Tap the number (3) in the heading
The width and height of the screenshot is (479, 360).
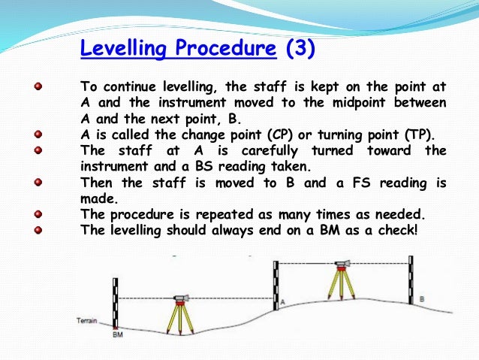click(300, 50)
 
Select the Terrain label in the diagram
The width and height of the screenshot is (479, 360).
click(88, 321)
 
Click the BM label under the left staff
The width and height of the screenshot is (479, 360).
click(117, 334)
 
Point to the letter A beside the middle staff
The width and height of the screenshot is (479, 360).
click(283, 301)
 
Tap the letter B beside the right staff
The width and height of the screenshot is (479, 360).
click(422, 298)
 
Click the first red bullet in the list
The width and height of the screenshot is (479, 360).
click(38, 88)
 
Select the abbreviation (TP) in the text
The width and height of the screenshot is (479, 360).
click(422, 135)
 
